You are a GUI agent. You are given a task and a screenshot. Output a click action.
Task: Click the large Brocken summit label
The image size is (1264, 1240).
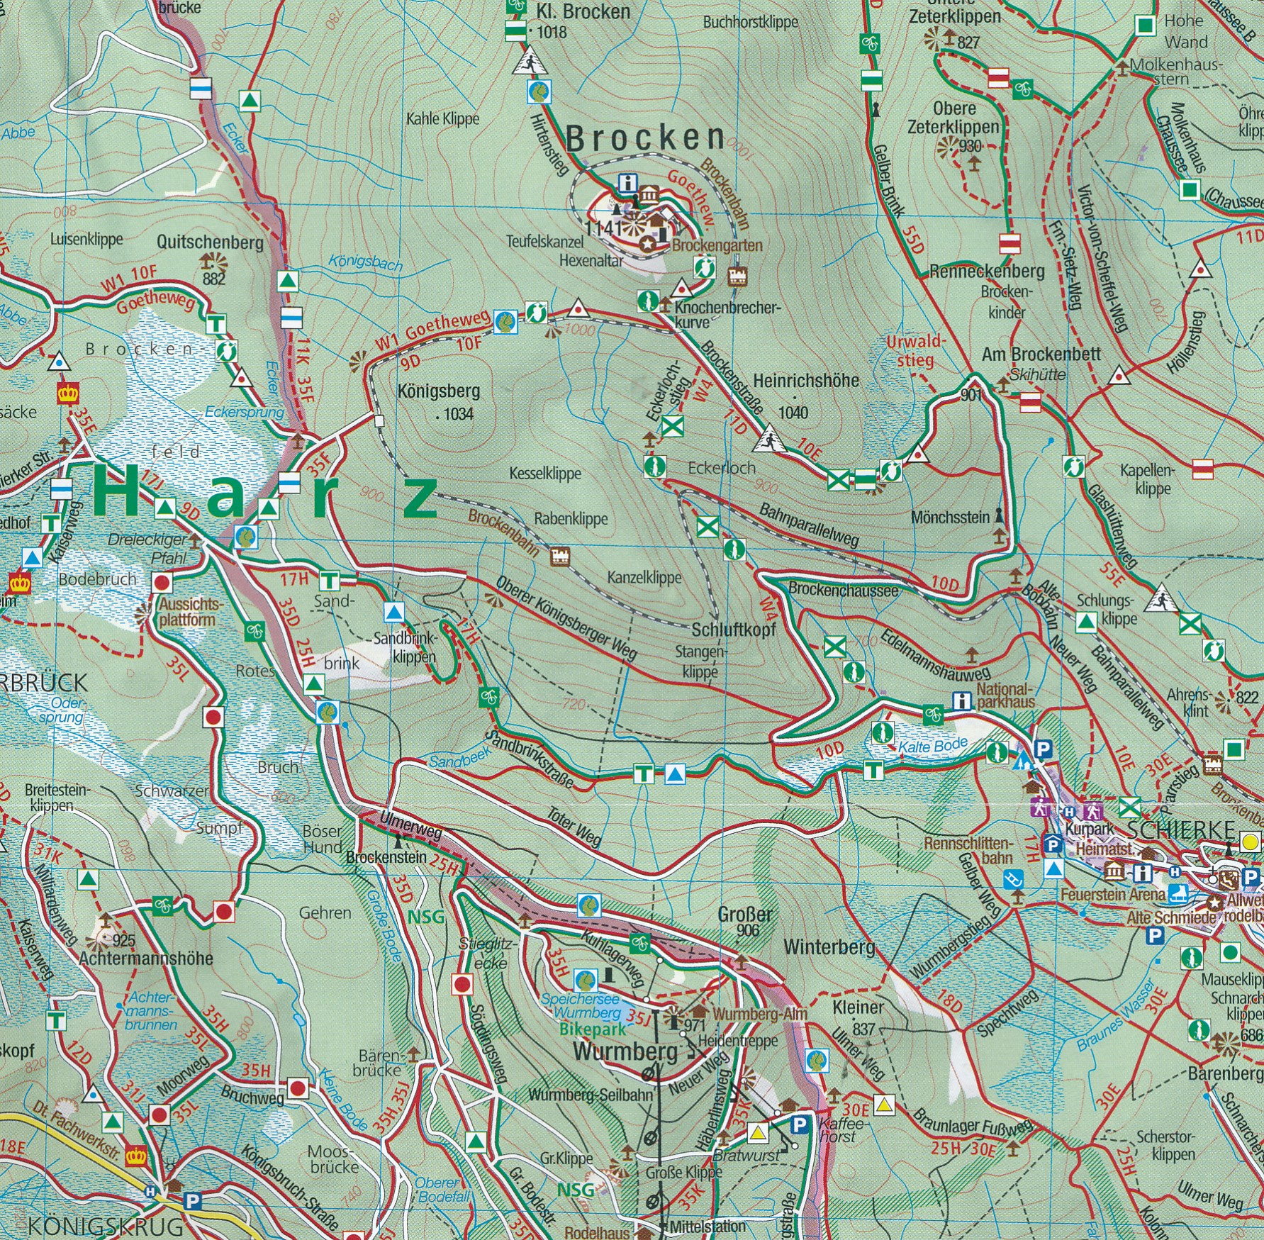point(645,138)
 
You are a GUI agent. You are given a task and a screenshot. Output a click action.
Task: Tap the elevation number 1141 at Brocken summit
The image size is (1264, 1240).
point(605,228)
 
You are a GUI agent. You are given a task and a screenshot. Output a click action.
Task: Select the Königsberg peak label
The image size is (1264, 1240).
point(439,391)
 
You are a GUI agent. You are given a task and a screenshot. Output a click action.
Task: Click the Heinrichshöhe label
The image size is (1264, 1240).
point(805,381)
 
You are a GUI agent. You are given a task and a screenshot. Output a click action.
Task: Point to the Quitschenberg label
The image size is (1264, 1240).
point(210,242)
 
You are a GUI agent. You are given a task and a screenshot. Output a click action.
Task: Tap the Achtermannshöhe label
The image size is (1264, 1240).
point(146,959)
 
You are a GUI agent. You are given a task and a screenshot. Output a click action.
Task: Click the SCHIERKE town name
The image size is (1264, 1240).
point(1180,830)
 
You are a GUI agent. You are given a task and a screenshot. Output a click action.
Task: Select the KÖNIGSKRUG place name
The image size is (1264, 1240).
point(105,1225)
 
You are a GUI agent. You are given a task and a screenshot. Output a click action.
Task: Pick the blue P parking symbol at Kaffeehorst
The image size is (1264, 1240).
point(799,1125)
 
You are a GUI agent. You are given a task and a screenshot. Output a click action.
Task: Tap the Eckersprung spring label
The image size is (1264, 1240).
point(245,412)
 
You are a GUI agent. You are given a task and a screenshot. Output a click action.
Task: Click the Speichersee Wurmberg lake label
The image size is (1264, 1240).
point(579,1005)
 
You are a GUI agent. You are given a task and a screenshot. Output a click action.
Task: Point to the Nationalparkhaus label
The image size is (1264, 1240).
point(1005,695)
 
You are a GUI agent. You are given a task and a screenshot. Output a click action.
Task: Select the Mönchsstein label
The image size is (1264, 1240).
point(950,518)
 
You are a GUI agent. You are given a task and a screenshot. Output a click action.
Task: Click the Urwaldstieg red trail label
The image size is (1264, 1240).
point(915,351)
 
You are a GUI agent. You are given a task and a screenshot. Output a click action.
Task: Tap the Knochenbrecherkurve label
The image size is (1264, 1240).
point(727,315)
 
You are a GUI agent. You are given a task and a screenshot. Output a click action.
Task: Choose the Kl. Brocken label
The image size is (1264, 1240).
point(583,11)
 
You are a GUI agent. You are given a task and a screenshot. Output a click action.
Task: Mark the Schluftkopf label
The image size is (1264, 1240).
point(733,630)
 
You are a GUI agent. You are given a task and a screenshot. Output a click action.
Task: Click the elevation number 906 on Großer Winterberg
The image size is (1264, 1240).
point(748,930)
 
